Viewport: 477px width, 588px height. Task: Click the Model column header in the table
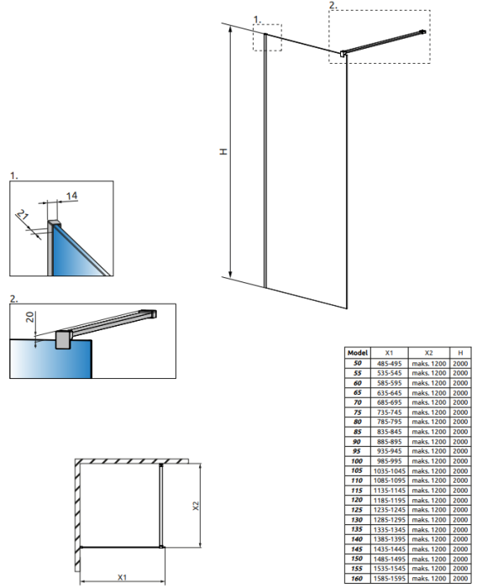pyautogui.click(x=358, y=353)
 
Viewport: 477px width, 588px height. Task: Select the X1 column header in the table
pyautogui.click(x=389, y=353)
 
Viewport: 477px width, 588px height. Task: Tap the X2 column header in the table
pyautogui.click(x=428, y=353)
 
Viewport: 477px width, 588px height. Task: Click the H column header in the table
pyautogui.click(x=460, y=353)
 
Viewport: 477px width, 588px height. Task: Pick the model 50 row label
pyautogui.click(x=358, y=363)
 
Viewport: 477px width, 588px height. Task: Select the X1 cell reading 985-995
pyautogui.click(x=389, y=461)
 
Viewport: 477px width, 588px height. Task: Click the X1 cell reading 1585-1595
pyautogui.click(x=389, y=579)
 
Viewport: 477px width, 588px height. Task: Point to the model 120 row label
pyautogui.click(x=357, y=500)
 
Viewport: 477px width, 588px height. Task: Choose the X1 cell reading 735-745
pyautogui.click(x=389, y=412)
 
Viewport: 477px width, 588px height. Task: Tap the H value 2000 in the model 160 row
pyautogui.click(x=460, y=579)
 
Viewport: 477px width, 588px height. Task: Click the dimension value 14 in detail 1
pyautogui.click(x=71, y=196)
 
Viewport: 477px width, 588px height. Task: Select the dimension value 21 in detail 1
pyautogui.click(x=23, y=215)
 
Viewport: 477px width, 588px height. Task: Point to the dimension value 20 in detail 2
pyautogui.click(x=30, y=317)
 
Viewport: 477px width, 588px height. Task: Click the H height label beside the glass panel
pyautogui.click(x=224, y=151)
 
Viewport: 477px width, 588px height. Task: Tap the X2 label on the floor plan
pyautogui.click(x=196, y=506)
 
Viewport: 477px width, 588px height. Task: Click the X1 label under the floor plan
pyautogui.click(x=123, y=577)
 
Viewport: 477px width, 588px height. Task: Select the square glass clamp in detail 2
pyautogui.click(x=63, y=339)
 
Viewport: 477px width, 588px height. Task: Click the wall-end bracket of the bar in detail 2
pyautogui.click(x=149, y=313)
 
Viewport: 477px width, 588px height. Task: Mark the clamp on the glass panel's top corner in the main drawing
pyautogui.click(x=343, y=54)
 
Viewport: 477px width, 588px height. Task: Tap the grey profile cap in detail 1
pyautogui.click(x=54, y=224)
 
